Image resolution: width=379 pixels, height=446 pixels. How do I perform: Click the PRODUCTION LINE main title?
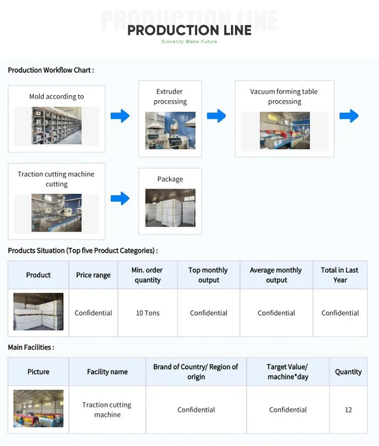click(189, 30)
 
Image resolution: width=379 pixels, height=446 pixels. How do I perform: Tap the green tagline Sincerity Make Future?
click(189, 41)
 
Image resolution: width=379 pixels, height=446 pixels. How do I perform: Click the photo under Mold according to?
click(56, 126)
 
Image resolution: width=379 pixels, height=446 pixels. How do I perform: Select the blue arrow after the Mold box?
click(120, 116)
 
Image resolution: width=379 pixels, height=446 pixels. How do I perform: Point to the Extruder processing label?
click(170, 97)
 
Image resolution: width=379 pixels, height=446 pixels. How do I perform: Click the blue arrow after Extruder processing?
click(216, 116)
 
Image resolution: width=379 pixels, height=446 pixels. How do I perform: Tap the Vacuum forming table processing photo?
click(285, 130)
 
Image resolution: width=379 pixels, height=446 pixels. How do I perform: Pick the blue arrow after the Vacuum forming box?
click(349, 116)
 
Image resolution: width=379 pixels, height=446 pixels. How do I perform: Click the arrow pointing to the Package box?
click(120, 198)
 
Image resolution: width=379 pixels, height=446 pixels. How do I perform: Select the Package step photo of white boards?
click(170, 208)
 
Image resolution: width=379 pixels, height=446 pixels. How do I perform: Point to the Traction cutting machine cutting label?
click(56, 179)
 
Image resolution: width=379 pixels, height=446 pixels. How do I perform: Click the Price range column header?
click(93, 275)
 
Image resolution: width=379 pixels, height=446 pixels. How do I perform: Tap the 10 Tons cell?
click(148, 313)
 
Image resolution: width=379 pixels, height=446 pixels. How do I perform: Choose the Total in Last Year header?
click(340, 275)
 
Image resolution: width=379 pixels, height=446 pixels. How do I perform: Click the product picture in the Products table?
click(38, 312)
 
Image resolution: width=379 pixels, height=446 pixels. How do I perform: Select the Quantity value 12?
click(348, 410)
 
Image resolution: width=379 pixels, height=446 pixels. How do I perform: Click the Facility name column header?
click(107, 372)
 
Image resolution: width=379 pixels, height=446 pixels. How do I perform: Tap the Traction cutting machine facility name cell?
click(107, 410)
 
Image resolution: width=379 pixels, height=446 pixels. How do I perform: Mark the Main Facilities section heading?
click(31, 347)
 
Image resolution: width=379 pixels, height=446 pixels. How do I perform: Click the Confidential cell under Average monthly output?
click(276, 313)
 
